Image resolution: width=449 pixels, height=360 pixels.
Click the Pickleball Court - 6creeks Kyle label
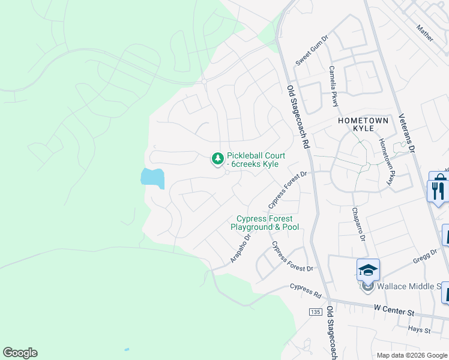[256, 160]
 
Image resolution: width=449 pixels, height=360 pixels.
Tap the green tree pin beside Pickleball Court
[217, 159]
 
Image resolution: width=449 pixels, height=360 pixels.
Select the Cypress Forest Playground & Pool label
[265, 223]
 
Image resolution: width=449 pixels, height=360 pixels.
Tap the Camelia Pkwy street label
[333, 86]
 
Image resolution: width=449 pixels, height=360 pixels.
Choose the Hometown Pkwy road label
[385, 157]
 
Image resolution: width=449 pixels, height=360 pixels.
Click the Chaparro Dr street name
[358, 224]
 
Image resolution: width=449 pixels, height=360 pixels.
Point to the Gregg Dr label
[426, 256]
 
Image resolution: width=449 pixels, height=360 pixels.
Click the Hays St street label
[419, 330]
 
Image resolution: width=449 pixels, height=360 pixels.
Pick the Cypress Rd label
[306, 290]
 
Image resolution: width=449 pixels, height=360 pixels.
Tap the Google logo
[20, 353]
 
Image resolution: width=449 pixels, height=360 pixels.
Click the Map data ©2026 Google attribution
[412, 355]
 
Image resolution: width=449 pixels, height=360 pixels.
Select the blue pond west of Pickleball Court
[152, 177]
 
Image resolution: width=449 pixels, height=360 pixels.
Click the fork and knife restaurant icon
[438, 190]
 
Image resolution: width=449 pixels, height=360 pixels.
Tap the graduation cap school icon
[368, 270]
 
